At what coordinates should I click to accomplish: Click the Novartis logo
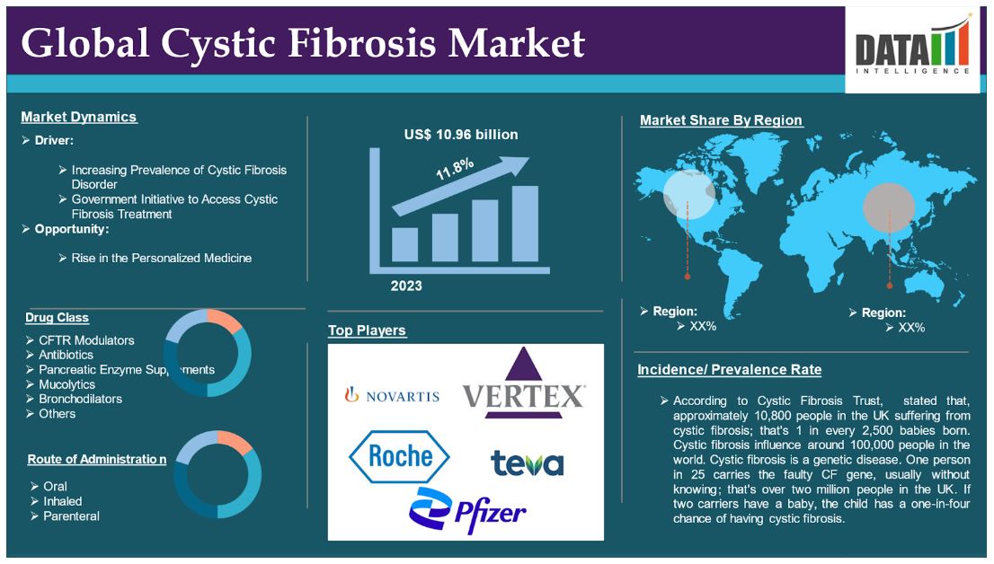(392, 396)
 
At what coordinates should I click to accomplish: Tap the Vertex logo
(524, 384)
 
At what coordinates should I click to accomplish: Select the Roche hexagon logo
(399, 456)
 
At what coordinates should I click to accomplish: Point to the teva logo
(527, 463)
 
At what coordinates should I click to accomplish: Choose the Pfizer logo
(468, 511)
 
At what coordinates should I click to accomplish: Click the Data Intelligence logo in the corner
(912, 49)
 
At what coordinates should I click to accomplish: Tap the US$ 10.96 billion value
(461, 135)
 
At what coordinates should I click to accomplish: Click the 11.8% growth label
(455, 169)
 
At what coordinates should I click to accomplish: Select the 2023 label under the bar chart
(406, 286)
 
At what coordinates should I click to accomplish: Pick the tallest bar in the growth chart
(525, 224)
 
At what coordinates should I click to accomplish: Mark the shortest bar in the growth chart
(404, 244)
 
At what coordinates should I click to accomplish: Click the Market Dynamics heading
(78, 118)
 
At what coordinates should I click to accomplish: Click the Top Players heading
(367, 330)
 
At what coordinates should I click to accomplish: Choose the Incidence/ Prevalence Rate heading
(729, 369)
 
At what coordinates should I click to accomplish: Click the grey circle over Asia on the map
(889, 207)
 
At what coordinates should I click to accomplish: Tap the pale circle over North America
(689, 195)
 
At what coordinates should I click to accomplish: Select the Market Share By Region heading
(721, 120)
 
